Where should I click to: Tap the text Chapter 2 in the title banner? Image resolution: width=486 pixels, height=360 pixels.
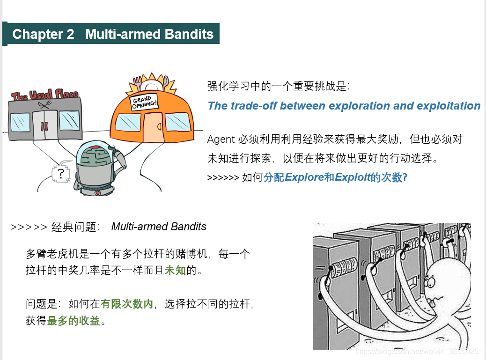[x=43, y=34]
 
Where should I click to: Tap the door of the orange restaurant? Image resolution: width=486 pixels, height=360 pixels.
[x=152, y=128]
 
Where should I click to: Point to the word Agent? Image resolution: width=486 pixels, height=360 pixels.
[x=221, y=140]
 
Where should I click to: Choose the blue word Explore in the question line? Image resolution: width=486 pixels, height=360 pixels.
[x=304, y=178]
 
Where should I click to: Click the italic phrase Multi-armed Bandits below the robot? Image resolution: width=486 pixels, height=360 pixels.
[x=159, y=227]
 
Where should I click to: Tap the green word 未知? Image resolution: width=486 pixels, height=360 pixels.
[x=175, y=271]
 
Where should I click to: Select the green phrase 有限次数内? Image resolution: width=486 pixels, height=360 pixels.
[x=127, y=304]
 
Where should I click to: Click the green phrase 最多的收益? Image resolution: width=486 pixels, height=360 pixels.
[x=74, y=321]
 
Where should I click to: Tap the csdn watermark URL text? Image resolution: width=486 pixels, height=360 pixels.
[x=419, y=351]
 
